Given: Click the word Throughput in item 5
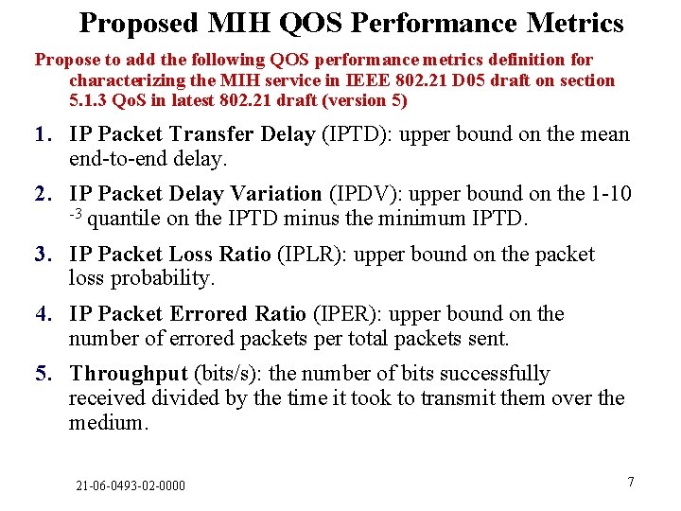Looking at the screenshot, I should [129, 374].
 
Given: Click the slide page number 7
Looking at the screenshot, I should [631, 482].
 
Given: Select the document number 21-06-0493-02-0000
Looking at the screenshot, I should [131, 485].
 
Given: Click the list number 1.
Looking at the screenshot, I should [43, 134].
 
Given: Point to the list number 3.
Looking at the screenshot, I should [43, 255].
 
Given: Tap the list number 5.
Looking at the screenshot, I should [43, 374].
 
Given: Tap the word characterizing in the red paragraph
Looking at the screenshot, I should [122, 80].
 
